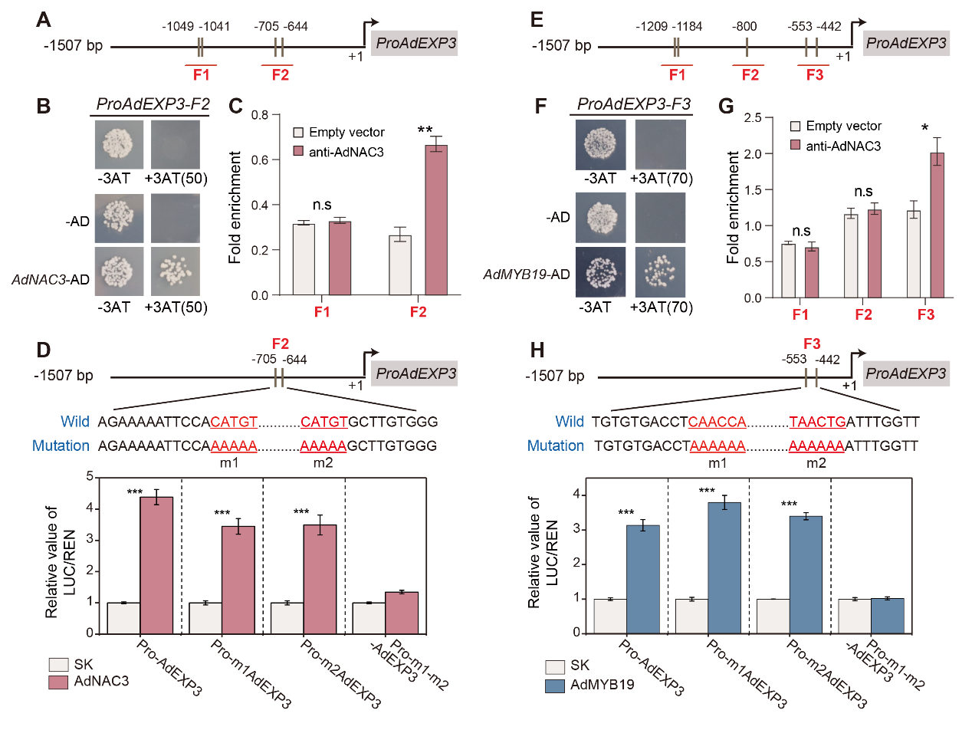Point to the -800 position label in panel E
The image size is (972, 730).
[746, 27]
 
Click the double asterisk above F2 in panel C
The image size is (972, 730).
[425, 130]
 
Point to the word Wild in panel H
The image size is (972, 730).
[569, 421]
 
